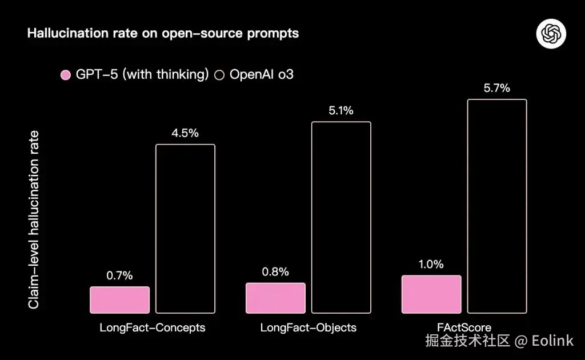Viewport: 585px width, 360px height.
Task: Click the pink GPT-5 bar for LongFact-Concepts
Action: click(119, 300)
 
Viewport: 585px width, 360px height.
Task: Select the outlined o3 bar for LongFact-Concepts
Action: click(185, 229)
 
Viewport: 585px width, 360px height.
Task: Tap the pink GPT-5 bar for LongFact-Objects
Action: click(275, 298)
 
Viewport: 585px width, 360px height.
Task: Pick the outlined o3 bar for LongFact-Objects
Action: click(341, 217)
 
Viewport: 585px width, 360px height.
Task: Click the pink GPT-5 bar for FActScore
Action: click(431, 294)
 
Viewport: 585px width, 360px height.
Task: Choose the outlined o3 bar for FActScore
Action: click(497, 206)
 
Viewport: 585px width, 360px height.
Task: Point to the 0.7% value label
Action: click(119, 275)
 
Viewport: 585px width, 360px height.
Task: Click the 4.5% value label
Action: click(185, 133)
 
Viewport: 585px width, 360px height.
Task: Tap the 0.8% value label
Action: click(275, 271)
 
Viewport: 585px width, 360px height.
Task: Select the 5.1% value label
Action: click(341, 111)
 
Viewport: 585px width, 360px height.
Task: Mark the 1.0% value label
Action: click(431, 264)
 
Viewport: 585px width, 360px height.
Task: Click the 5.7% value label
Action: click(497, 89)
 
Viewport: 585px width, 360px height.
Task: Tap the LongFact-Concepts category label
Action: click(153, 328)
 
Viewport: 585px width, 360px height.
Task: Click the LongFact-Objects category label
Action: click(308, 328)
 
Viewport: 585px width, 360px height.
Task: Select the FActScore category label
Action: click(464, 328)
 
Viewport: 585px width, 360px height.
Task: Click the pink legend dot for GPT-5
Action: click(65, 75)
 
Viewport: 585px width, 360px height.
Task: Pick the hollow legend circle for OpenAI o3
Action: click(219, 75)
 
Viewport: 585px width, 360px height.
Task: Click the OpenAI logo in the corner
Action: click(551, 34)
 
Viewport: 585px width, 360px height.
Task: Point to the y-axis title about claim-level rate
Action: click(34, 219)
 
